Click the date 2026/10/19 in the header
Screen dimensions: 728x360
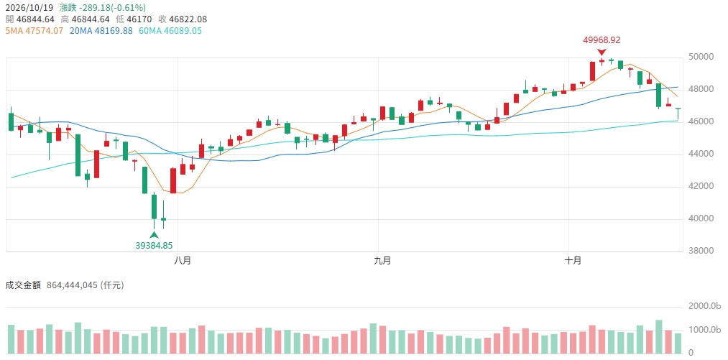tap(29, 8)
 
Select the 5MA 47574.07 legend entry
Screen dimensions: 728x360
tap(34, 31)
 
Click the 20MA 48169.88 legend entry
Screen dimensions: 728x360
tap(101, 31)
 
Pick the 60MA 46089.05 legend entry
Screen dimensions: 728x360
tap(170, 31)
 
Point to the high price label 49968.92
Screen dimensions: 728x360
tap(602, 40)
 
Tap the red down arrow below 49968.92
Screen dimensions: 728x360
tap(602, 52)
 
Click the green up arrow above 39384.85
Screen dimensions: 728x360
tap(154, 235)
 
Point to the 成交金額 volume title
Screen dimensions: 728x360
tap(23, 285)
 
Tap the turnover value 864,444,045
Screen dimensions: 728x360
tap(73, 285)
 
